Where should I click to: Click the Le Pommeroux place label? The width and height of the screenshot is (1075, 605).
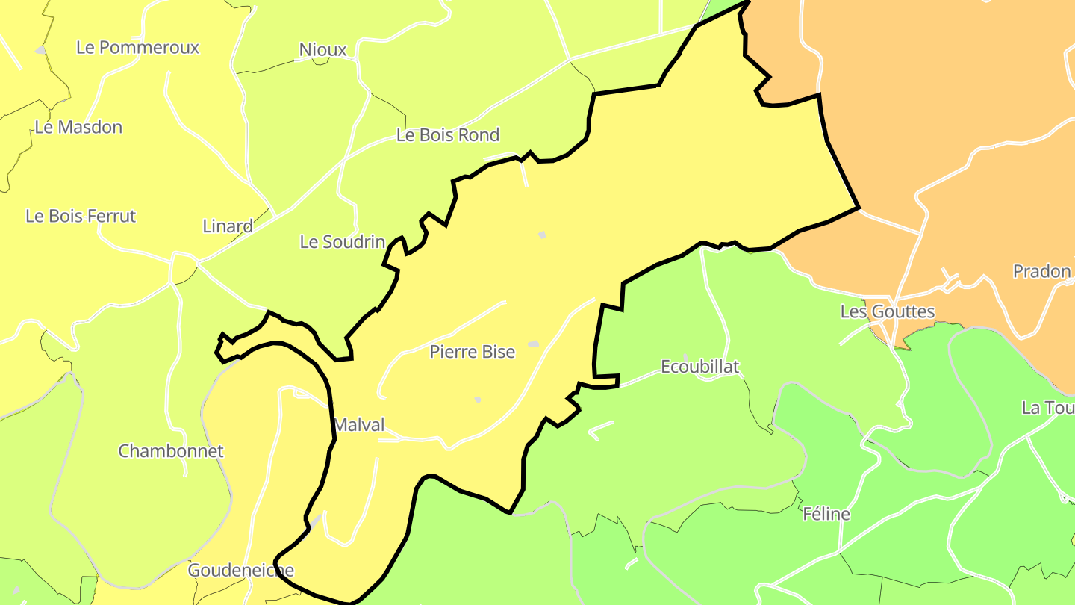click(x=137, y=47)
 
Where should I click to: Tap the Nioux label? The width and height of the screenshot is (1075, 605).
click(x=322, y=49)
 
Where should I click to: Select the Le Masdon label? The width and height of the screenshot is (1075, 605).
click(x=78, y=127)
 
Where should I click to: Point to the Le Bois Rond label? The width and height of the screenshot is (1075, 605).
click(x=447, y=135)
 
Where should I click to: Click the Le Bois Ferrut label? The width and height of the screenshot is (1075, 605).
click(x=81, y=216)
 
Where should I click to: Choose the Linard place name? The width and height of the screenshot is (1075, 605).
click(x=228, y=226)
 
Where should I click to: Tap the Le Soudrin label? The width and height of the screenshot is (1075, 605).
click(x=342, y=241)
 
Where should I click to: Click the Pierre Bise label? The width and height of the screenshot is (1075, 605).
click(x=472, y=351)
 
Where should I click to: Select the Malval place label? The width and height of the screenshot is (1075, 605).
click(x=359, y=425)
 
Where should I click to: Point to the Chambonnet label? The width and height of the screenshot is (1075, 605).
click(x=171, y=451)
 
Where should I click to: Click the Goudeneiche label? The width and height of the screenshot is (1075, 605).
click(x=241, y=570)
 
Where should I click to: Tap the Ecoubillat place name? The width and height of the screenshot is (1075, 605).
click(x=699, y=366)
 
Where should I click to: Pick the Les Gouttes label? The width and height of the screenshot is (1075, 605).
click(x=887, y=311)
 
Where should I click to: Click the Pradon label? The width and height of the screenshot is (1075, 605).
click(x=1041, y=271)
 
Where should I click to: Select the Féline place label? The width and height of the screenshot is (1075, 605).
click(x=826, y=514)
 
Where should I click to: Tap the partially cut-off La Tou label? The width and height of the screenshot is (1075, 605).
click(x=1047, y=408)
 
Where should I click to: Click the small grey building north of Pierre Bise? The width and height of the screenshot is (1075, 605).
click(x=543, y=235)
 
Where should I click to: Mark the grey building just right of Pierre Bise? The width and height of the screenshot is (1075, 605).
click(x=533, y=344)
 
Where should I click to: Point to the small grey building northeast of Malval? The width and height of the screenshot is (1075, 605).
click(x=478, y=400)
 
